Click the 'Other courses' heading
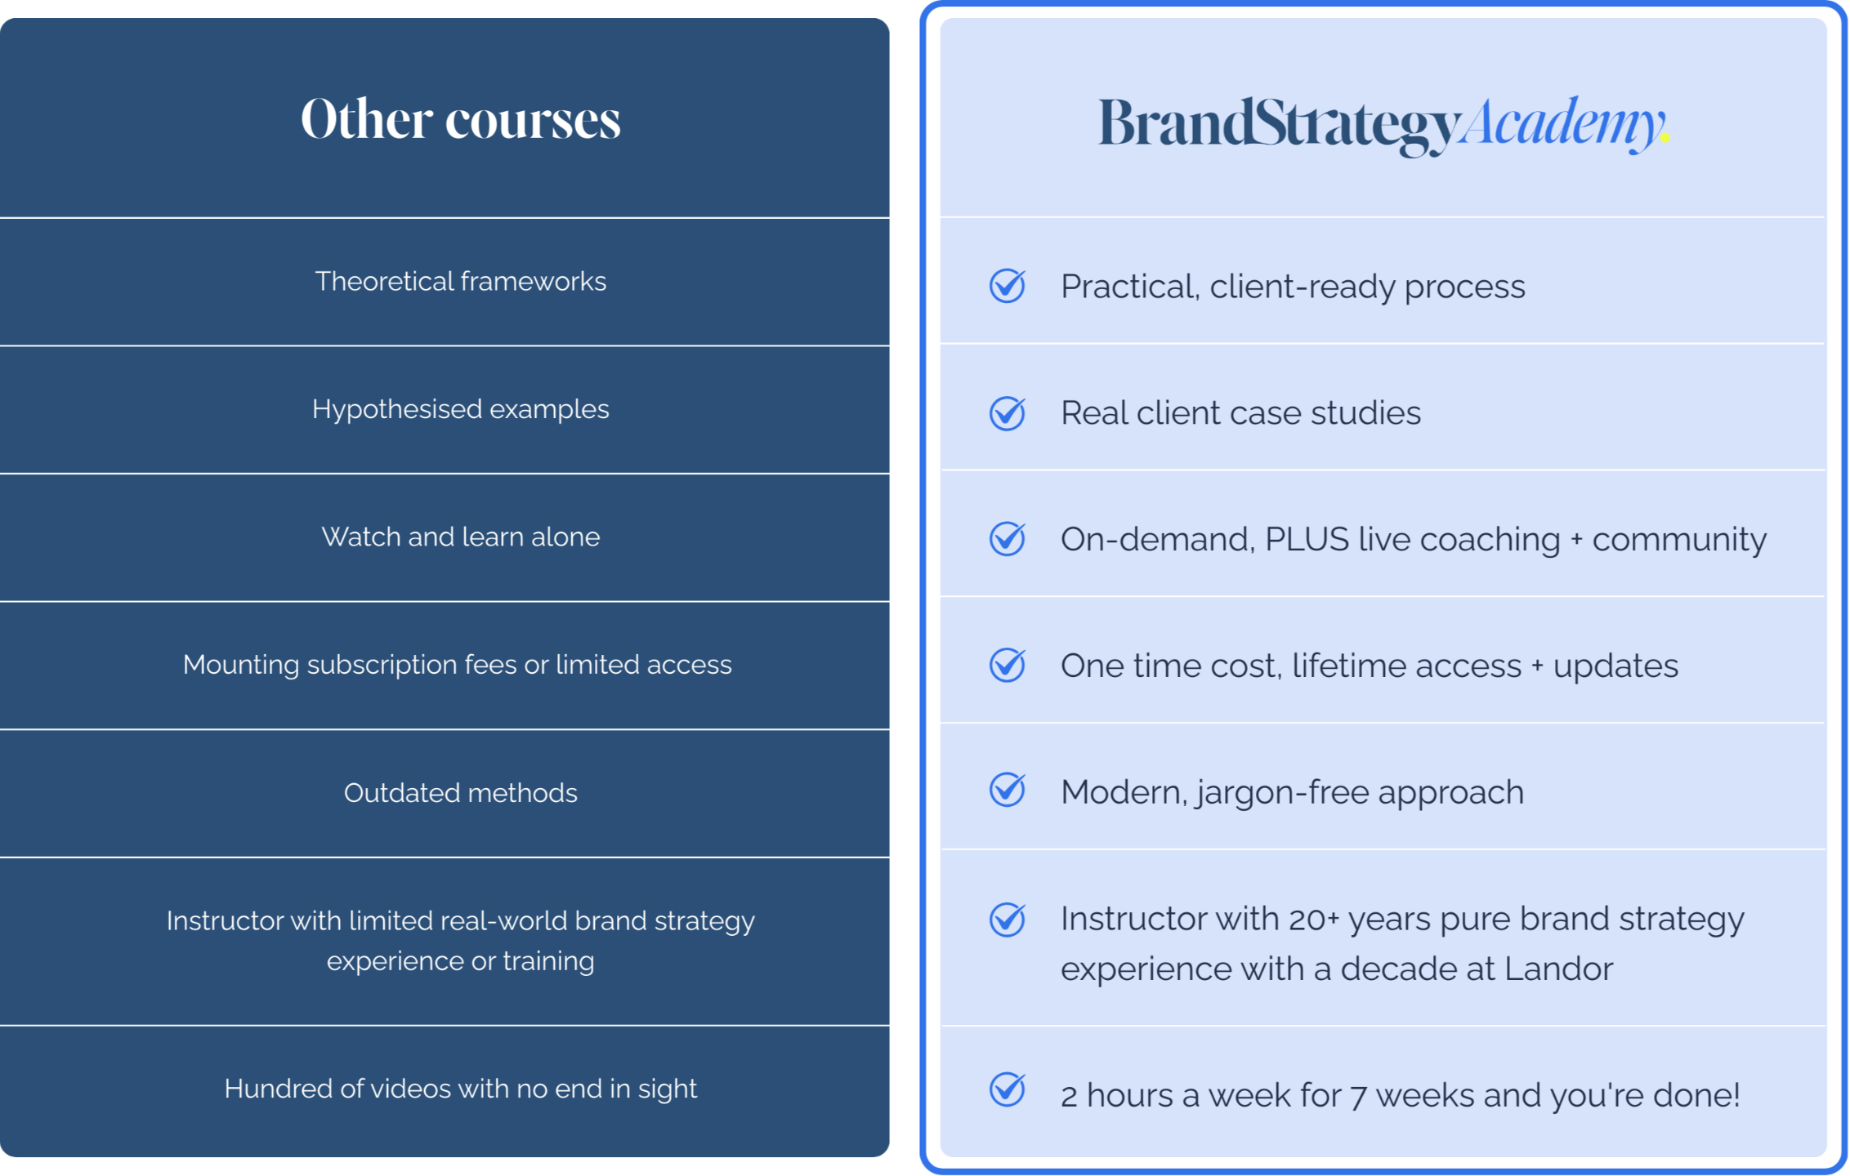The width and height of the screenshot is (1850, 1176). tap(461, 119)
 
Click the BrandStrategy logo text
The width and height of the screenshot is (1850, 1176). tap(1279, 125)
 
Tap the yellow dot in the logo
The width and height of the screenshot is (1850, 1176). tap(1665, 138)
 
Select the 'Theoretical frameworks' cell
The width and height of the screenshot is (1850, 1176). tap(461, 282)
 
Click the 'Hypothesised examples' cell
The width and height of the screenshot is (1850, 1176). tap(461, 409)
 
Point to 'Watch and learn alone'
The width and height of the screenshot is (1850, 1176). tap(461, 537)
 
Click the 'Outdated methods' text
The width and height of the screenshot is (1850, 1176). tap(461, 793)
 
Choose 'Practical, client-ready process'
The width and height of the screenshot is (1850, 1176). tap(1293, 287)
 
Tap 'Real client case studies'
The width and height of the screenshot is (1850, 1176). tap(1240, 413)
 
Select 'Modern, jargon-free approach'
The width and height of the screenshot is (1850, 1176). tap(1292, 792)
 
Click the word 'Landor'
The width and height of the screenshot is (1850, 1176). tap(1558, 969)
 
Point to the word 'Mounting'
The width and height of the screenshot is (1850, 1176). tap(241, 666)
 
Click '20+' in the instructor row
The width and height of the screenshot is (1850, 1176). tap(1313, 920)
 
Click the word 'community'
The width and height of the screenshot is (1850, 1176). tap(1679, 540)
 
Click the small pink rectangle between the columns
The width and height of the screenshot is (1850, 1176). tap(904, 376)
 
